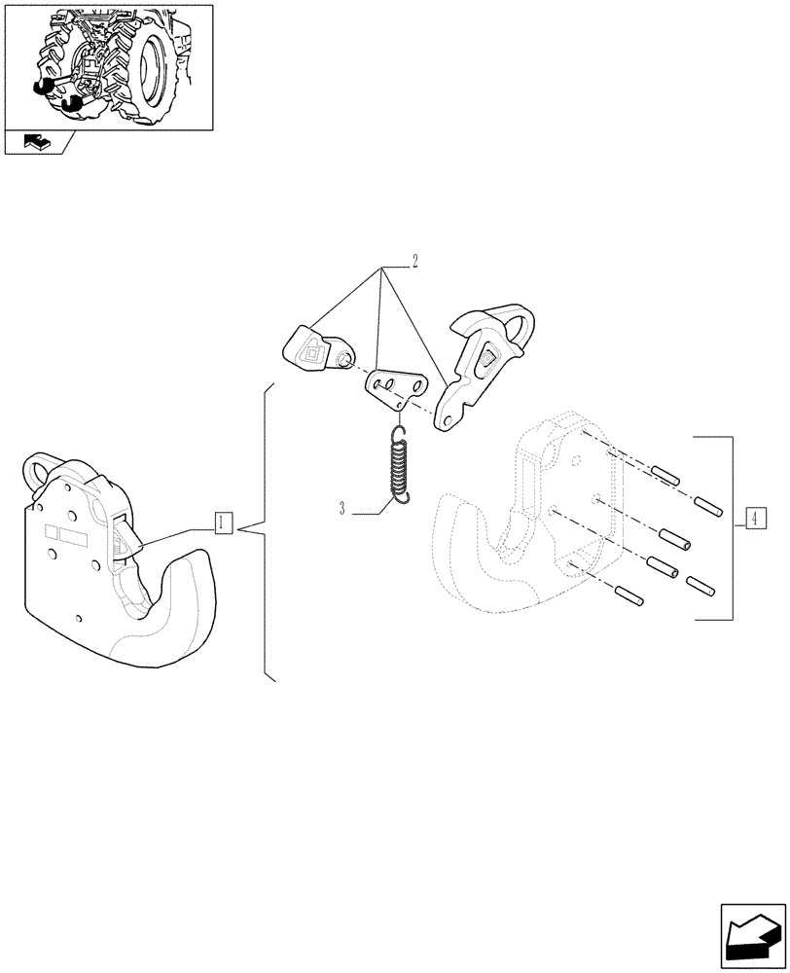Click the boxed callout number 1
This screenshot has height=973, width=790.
pos(222,523)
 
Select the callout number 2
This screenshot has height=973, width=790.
pos(414,262)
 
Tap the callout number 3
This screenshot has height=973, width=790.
pos(342,508)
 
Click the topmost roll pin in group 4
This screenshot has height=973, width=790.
pos(664,476)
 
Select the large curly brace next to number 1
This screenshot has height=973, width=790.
pos(265,530)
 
